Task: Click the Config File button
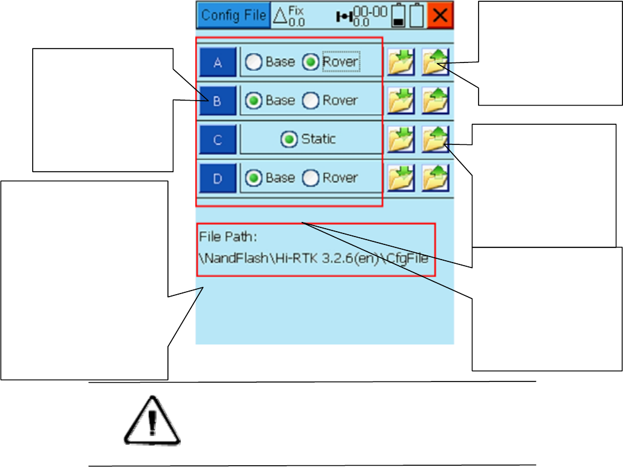coord(234,15)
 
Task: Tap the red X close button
coord(440,16)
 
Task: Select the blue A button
coord(218,62)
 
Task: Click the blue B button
coord(218,101)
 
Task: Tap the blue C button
coord(218,139)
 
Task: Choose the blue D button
coord(218,178)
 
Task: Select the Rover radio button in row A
coord(311,62)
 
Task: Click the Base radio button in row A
coord(254,62)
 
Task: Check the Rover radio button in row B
coord(311,101)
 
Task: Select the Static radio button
coord(289,139)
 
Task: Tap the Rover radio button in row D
coord(311,178)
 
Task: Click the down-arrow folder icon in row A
coord(401,61)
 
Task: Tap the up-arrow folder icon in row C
coord(435,139)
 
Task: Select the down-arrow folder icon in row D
coord(401,178)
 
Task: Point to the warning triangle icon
coord(152,422)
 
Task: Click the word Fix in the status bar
coord(296,10)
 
